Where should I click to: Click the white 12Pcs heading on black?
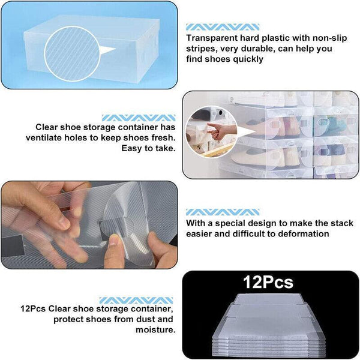[268, 281]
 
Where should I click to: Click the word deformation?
[300, 233]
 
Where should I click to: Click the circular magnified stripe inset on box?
[69, 53]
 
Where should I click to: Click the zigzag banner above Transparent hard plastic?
[223, 27]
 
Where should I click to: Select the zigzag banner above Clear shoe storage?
[139, 118]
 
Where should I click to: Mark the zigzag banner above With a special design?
[223, 212]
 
